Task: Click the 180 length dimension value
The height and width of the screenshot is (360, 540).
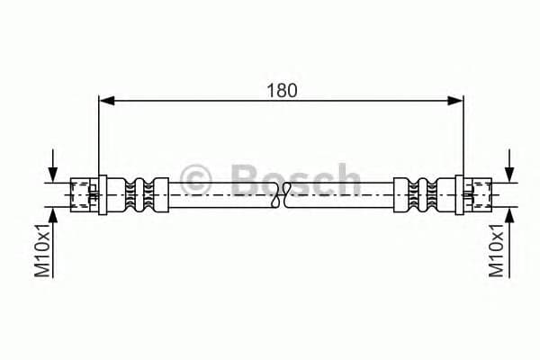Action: click(x=281, y=90)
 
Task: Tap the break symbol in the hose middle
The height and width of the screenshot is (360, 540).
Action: click(x=282, y=193)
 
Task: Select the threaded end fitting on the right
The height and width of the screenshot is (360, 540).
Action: click(x=477, y=193)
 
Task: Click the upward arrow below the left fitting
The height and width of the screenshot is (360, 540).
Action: click(x=55, y=216)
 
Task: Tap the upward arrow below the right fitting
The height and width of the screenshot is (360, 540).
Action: click(x=509, y=216)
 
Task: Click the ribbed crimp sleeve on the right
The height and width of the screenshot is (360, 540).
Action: click(x=418, y=193)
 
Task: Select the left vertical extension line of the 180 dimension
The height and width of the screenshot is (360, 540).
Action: click(x=98, y=135)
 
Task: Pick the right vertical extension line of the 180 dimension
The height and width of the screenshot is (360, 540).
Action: click(x=463, y=135)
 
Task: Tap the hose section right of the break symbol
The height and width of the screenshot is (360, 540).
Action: click(x=342, y=193)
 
